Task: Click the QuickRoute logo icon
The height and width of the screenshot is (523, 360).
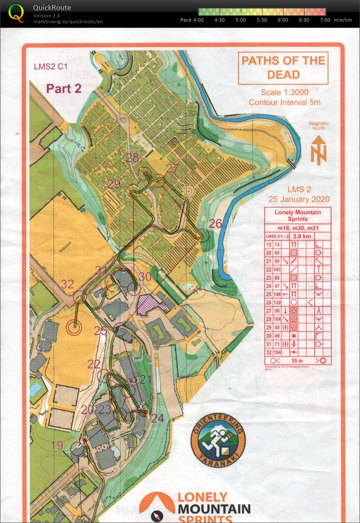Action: coord(16,13)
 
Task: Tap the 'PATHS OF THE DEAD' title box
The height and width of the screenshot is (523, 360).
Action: coord(283,68)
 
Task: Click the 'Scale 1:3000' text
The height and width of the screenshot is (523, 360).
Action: coord(284,93)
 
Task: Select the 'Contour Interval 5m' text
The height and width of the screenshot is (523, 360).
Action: coord(284,102)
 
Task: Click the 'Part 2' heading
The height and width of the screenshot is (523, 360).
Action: coord(63,88)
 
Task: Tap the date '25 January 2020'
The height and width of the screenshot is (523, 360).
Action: coord(299,200)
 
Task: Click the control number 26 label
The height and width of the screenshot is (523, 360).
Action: coord(215,224)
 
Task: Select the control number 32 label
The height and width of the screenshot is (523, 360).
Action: coord(67,284)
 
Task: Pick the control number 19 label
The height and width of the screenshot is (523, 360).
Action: coord(57,445)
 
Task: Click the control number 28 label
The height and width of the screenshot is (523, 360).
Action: coord(132,158)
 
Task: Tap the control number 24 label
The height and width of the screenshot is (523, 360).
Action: coord(157,418)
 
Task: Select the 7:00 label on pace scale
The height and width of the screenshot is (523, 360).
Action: coord(325,20)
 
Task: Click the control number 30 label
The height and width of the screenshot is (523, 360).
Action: coord(145,277)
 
